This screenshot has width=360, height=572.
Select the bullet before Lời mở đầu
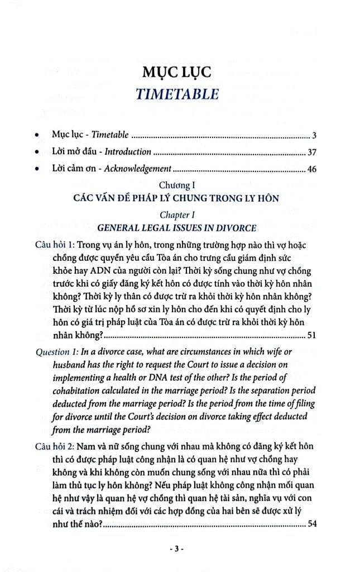(37, 152)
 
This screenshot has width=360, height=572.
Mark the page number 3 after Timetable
(315, 135)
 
